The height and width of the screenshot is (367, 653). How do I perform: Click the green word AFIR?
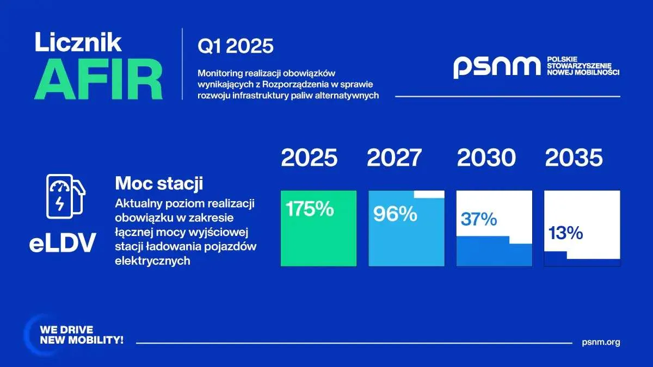[98, 79]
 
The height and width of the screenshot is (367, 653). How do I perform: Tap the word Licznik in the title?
[78, 42]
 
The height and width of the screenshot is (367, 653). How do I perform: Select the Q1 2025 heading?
[236, 46]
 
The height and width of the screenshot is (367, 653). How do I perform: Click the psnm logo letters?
[497, 67]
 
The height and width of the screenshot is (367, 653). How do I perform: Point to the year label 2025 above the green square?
[309, 158]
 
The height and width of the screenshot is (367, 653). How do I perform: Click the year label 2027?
[395, 158]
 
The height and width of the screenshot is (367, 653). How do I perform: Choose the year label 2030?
[486, 158]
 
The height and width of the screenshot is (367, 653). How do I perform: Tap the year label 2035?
[574, 158]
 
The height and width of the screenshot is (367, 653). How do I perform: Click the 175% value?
[310, 209]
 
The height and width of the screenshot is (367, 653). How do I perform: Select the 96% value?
[395, 214]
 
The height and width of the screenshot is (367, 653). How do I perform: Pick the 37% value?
[479, 219]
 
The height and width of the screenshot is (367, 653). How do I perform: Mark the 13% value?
[565, 233]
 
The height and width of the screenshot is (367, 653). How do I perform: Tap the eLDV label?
[63, 242]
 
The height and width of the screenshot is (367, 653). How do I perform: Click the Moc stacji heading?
[159, 183]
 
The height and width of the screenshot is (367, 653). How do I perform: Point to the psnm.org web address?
[601, 342]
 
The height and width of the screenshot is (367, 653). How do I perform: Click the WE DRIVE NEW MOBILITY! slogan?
[82, 335]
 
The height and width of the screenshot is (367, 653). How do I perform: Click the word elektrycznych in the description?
[152, 260]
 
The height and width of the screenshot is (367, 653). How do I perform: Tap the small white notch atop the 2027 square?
[429, 195]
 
